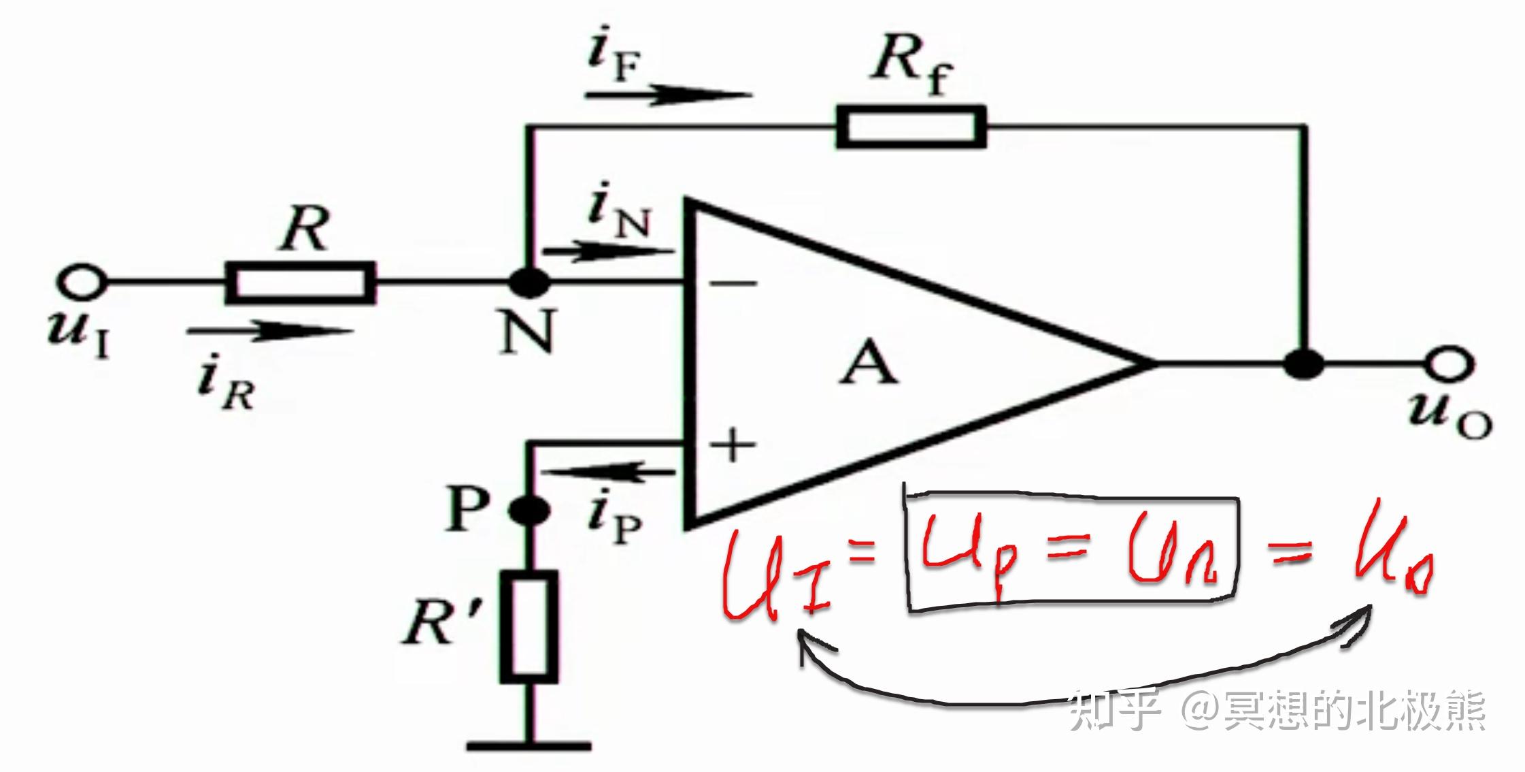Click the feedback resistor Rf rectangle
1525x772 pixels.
coord(911,127)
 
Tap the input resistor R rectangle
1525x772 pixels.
coord(300,282)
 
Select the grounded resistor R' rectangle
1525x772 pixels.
coord(529,626)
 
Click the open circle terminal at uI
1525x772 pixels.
coord(83,282)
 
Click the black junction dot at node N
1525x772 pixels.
coord(529,283)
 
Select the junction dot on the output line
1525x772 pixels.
coord(1304,364)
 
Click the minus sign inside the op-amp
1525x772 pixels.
coord(733,283)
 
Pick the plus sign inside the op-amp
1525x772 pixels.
coord(733,446)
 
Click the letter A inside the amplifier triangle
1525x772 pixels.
coord(869,364)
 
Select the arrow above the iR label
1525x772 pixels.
coord(269,332)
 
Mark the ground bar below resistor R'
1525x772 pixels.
coord(529,745)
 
